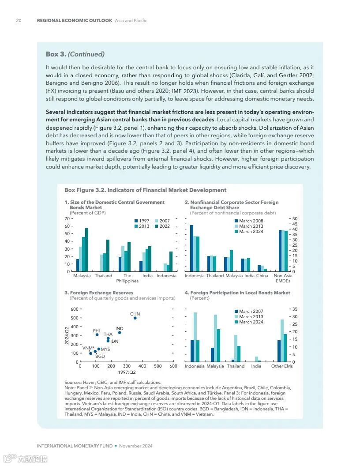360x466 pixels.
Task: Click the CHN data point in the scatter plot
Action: (135, 318)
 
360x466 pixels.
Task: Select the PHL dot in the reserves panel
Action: (97, 334)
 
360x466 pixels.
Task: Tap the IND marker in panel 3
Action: (119, 332)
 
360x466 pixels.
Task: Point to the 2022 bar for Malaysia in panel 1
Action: (86, 250)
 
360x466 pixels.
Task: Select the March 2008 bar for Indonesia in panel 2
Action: (191, 248)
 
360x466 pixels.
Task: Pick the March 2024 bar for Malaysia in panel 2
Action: (231, 261)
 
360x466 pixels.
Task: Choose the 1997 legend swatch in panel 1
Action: (136, 221)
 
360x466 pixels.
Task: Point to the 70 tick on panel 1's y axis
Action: (67, 218)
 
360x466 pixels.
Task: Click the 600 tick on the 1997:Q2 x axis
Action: (173, 366)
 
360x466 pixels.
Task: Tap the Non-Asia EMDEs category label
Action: (283, 278)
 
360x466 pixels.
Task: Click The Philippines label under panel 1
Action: (127, 278)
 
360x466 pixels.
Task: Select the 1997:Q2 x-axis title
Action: (126, 372)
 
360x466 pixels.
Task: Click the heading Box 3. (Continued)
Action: (75, 54)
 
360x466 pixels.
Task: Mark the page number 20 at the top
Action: (19, 21)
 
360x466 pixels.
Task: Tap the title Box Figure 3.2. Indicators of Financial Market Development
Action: (145, 190)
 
